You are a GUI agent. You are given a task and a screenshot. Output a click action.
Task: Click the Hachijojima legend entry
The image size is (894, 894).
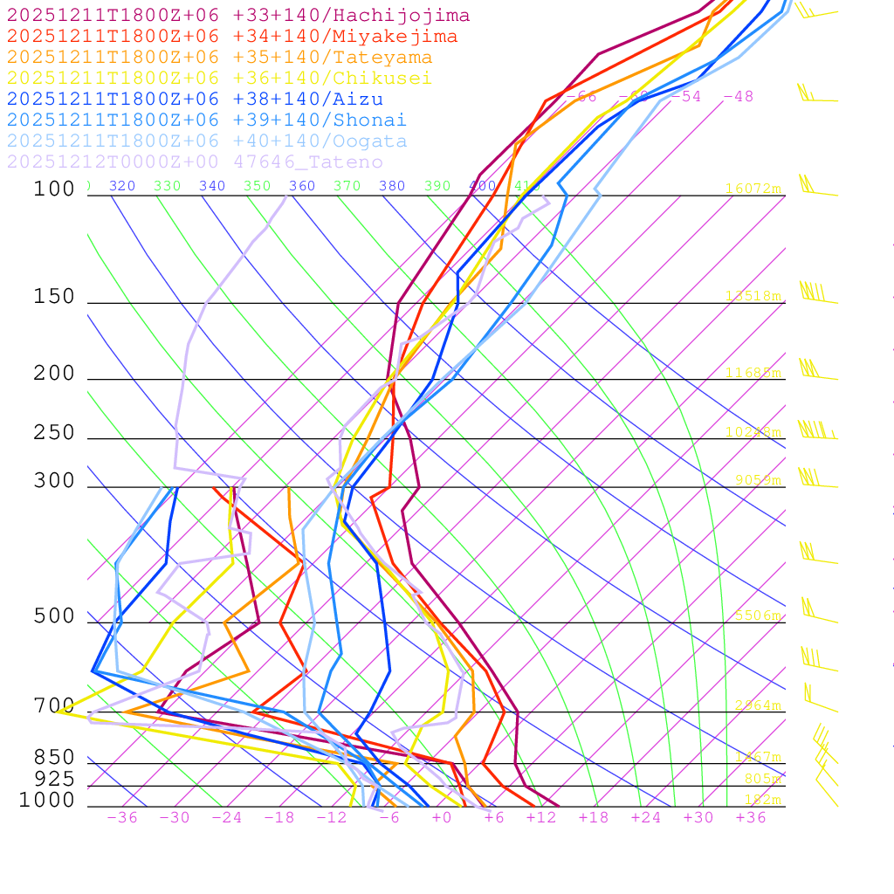pyautogui.click(x=237, y=16)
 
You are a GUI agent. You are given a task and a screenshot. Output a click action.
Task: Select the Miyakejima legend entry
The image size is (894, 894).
pyautogui.click(x=231, y=37)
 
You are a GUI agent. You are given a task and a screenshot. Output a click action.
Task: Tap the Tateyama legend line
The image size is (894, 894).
pyautogui.click(x=219, y=58)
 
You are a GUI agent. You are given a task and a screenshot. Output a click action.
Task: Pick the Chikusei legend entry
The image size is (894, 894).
pyautogui.click(x=219, y=79)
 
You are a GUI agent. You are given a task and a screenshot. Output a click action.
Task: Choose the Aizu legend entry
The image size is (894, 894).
pyautogui.click(x=195, y=100)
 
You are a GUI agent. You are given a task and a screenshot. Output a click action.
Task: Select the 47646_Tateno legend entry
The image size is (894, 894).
pyautogui.click(x=195, y=162)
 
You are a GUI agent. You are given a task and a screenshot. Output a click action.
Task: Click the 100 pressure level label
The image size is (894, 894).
pyautogui.click(x=54, y=189)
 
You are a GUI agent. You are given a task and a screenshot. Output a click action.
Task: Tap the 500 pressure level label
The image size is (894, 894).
pyautogui.click(x=54, y=616)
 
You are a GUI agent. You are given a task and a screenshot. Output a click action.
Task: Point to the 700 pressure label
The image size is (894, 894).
pyautogui.click(x=54, y=705)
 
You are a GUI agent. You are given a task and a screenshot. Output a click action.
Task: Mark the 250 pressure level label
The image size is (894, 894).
pyautogui.click(x=54, y=433)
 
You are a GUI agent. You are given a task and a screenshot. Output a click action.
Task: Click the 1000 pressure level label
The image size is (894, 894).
pyautogui.click(x=47, y=800)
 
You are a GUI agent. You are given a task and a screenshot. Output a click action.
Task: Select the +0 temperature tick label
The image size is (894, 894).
pyautogui.click(x=442, y=817)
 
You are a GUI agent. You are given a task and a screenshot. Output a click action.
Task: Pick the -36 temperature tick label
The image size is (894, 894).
pyautogui.click(x=121, y=817)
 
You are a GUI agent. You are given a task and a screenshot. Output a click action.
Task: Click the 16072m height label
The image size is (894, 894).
pyautogui.click(x=753, y=189)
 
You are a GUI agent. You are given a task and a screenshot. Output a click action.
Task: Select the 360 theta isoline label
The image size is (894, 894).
pyautogui.click(x=301, y=186)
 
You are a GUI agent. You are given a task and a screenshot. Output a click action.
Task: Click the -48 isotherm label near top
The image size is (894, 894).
pyautogui.click(x=738, y=96)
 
